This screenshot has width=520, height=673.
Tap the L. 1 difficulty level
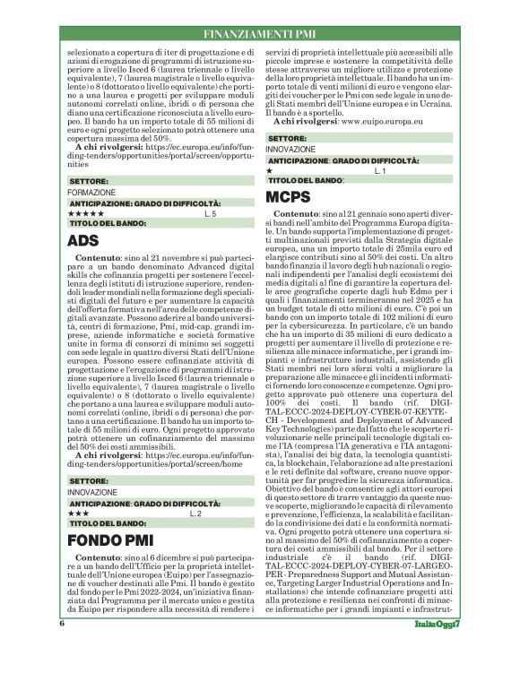pos(379,169)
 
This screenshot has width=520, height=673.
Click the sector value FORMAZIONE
pos(91,193)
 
